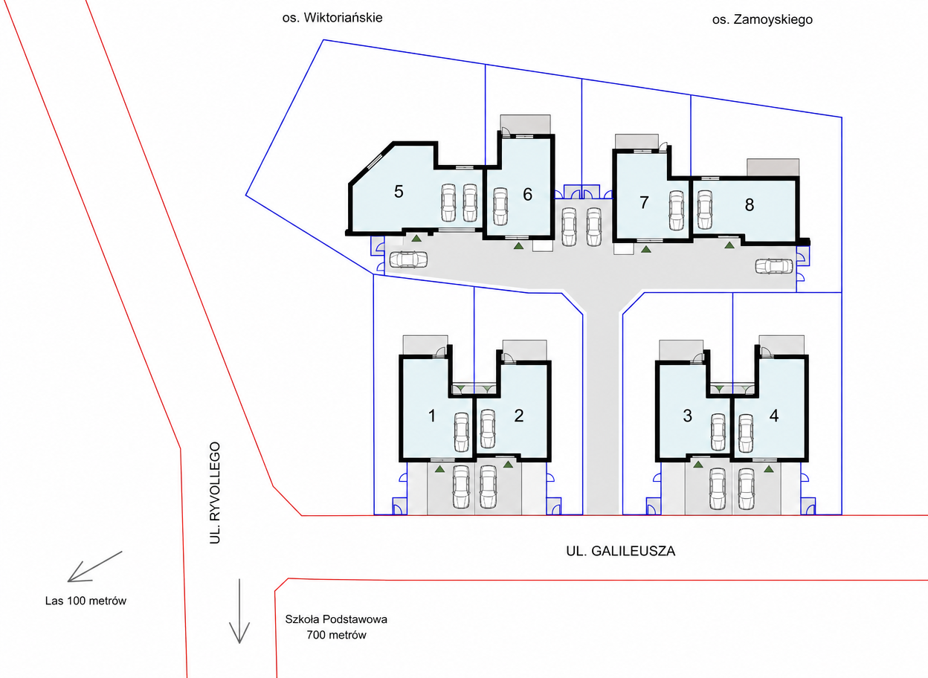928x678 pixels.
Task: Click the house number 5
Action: click(x=399, y=191)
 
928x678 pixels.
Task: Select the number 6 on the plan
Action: click(x=527, y=194)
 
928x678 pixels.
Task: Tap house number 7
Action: click(x=644, y=202)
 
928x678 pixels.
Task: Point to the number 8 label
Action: click(x=750, y=204)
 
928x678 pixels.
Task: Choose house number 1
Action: click(x=432, y=416)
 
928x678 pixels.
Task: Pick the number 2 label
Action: click(x=519, y=416)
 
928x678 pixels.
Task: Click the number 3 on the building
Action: click(x=687, y=416)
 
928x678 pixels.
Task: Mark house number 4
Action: click(x=774, y=416)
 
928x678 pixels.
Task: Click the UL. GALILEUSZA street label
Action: click(x=621, y=551)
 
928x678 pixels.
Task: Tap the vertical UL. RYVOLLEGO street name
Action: click(x=215, y=492)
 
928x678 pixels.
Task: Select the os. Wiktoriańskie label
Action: click(x=332, y=18)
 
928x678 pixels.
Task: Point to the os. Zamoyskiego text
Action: click(x=762, y=19)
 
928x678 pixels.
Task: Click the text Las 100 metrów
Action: click(x=86, y=601)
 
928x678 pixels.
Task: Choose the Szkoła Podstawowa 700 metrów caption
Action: click(x=336, y=627)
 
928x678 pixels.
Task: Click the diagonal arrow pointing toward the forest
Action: click(x=95, y=566)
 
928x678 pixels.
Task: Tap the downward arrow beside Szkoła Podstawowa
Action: click(x=239, y=611)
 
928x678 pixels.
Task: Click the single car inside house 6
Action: click(x=500, y=207)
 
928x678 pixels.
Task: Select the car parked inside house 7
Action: click(x=677, y=210)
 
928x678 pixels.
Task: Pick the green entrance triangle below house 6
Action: click(x=518, y=246)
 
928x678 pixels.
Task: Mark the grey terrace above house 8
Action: click(x=773, y=167)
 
